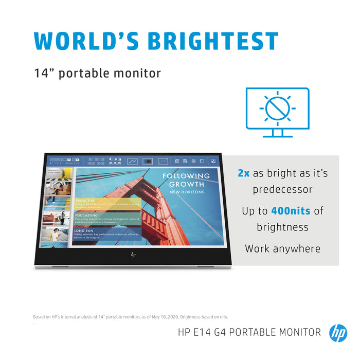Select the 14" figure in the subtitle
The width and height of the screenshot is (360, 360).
point(43,73)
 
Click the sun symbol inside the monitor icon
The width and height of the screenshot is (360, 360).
point(278,109)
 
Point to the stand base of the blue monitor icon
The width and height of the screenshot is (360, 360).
point(278,136)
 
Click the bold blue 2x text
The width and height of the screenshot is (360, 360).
point(243,173)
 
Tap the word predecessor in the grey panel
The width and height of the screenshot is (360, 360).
point(282,190)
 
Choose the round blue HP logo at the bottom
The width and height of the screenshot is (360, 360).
point(338,332)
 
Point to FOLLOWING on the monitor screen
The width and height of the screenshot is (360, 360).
point(186,176)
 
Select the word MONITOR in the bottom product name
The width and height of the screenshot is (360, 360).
point(298,332)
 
